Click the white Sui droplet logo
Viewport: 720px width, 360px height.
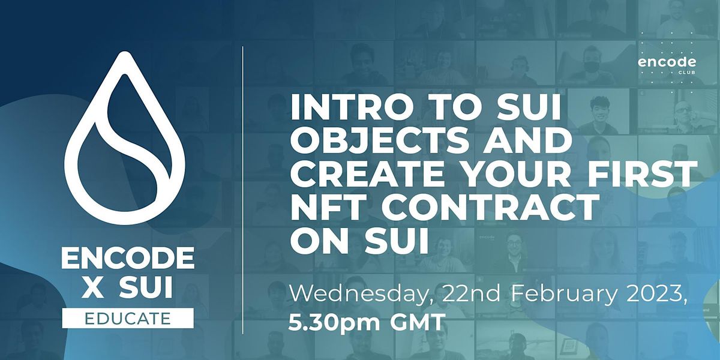[x=127, y=142]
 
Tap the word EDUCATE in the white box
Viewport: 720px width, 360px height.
[x=127, y=317]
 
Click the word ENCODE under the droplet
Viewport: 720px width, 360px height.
[x=127, y=259]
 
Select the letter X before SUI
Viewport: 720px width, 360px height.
[x=94, y=289]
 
